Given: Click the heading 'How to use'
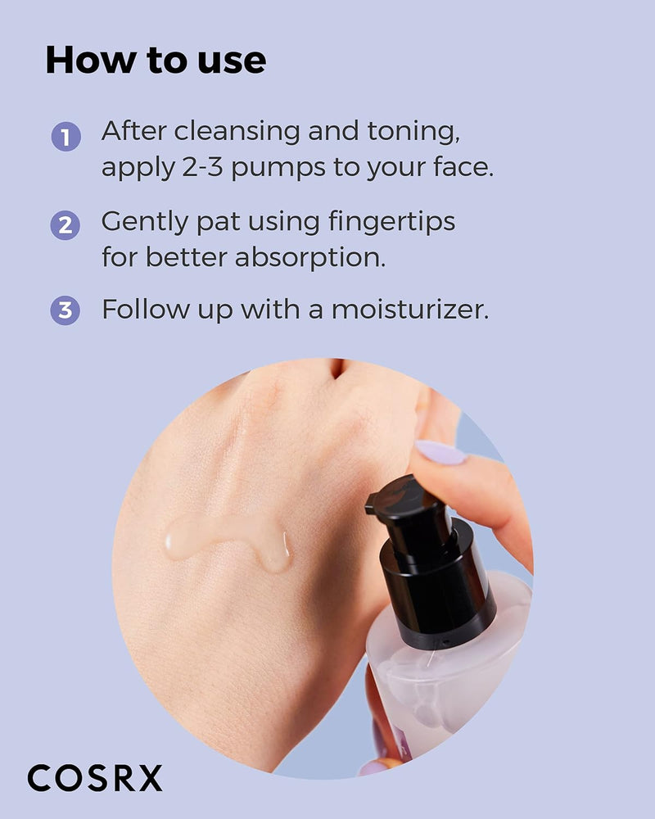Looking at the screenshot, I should (156, 61).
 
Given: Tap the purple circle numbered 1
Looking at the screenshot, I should (65, 136).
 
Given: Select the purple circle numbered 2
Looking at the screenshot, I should (65, 224).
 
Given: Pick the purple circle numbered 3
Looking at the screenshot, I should (65, 311).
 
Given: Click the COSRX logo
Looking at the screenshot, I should (95, 778).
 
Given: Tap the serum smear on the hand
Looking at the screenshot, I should (229, 541).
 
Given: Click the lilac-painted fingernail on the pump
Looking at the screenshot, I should (440, 452).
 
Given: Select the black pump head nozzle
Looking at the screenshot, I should (405, 500).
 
